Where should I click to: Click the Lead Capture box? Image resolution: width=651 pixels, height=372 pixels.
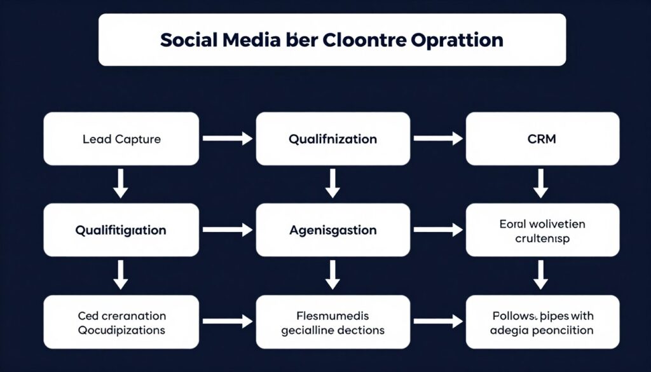tap(120, 139)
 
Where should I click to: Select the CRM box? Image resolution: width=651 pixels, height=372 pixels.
tap(542, 139)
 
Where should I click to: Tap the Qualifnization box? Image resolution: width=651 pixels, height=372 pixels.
tap(332, 139)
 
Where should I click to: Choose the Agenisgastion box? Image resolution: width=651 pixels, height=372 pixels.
tap(332, 230)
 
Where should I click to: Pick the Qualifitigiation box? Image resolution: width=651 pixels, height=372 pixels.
tap(120, 230)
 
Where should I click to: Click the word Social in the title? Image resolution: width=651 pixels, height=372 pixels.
tap(187, 40)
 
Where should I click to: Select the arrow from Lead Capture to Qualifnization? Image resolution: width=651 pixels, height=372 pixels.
tap(226, 139)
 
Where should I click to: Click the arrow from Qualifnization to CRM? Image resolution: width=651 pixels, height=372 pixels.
tap(438, 139)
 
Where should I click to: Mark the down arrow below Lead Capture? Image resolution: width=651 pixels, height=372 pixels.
tap(120, 184)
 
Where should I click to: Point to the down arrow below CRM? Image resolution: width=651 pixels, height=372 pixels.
tap(541, 184)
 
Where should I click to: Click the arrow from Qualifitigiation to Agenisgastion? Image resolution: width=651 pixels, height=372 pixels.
tap(226, 230)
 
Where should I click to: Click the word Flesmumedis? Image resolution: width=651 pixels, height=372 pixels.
tap(332, 315)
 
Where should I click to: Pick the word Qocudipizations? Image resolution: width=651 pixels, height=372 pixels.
tap(121, 330)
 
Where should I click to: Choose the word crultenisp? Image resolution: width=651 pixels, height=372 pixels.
tap(542, 238)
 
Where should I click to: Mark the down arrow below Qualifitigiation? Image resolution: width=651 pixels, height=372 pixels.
tap(120, 276)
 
